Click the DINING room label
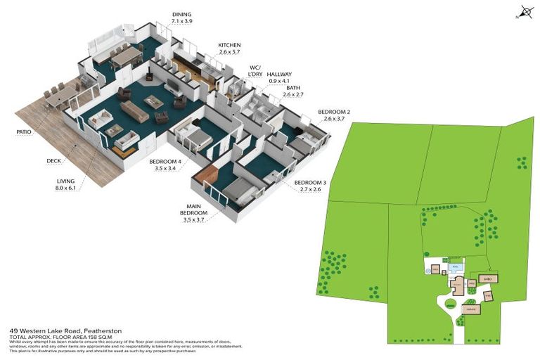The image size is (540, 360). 181,14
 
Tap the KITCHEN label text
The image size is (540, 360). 230,44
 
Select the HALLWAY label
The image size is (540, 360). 279,74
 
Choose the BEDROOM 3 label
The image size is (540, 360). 307,182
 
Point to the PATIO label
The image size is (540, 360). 26,131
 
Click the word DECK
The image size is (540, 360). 53,161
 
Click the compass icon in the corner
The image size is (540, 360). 526,12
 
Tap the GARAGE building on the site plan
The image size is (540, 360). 470,308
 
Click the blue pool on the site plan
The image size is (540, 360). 455,268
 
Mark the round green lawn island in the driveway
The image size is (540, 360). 449,304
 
